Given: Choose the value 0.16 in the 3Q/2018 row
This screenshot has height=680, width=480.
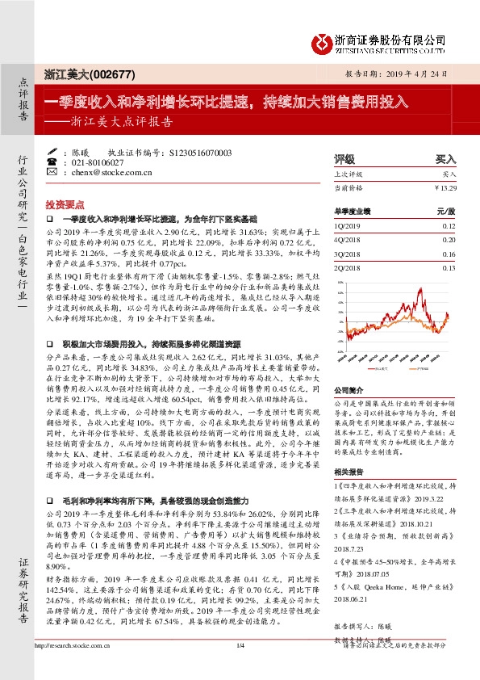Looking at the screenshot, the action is pyautogui.click(x=449, y=254).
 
